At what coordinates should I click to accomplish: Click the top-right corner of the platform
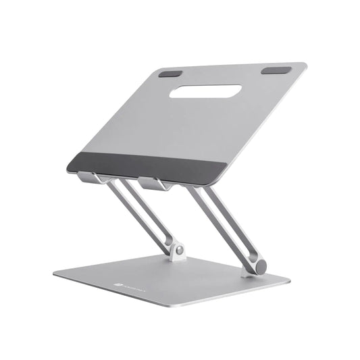click(305, 66)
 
